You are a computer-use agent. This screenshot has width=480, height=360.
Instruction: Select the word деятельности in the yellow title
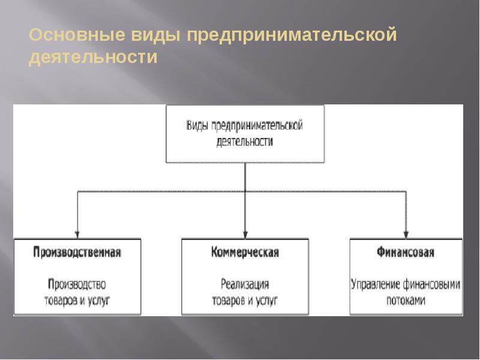(92, 58)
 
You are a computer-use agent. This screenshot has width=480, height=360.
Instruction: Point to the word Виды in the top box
(197, 125)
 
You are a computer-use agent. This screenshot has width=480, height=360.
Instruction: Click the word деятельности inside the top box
(245, 142)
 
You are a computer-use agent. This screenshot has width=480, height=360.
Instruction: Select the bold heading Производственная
(77, 252)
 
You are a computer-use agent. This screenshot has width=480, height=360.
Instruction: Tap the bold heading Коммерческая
(245, 252)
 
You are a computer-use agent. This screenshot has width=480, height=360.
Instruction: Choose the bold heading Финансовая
(406, 252)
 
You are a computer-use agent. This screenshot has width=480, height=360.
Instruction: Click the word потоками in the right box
(406, 300)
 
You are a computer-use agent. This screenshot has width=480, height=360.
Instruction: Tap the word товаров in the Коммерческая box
(225, 299)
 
